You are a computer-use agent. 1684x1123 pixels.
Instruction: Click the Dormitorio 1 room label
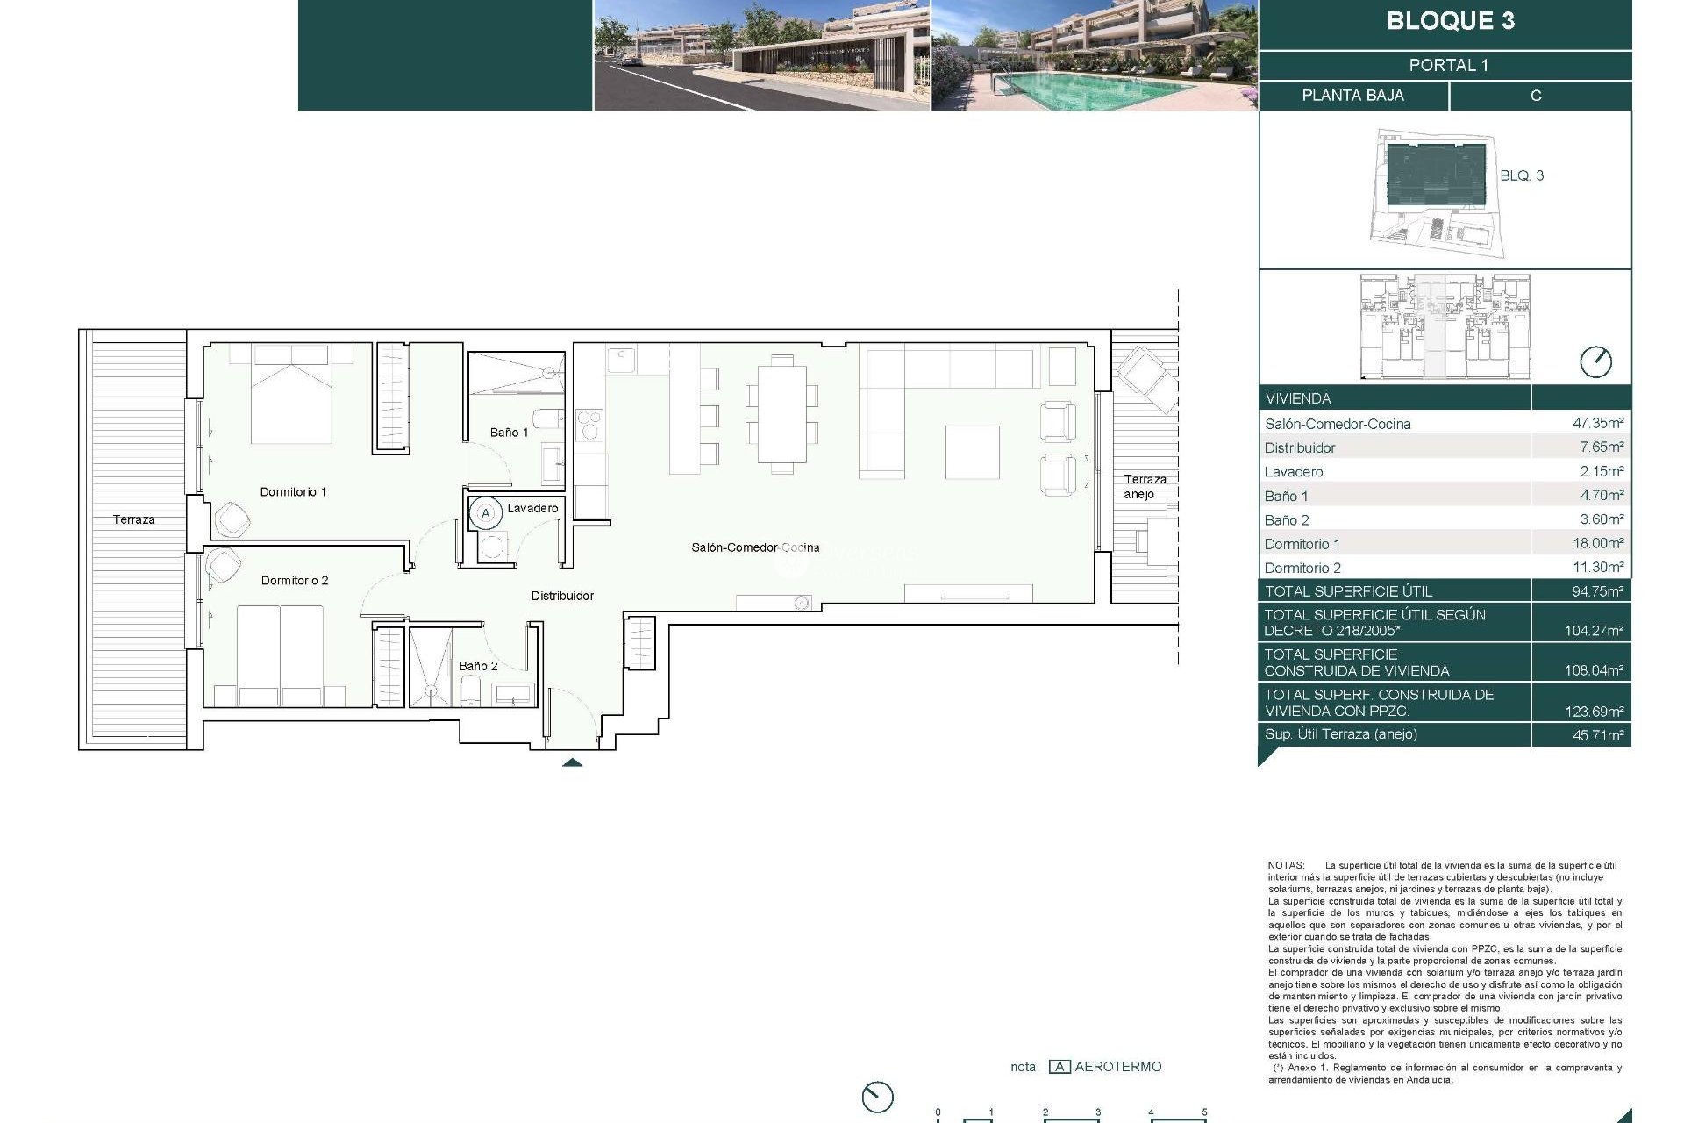pyautogui.click(x=293, y=492)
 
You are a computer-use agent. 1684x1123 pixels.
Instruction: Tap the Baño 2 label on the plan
pyautogui.click(x=478, y=666)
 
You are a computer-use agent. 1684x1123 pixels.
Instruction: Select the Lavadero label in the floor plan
pyautogui.click(x=532, y=508)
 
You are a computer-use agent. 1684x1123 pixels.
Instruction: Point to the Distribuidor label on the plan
pyautogui.click(x=562, y=596)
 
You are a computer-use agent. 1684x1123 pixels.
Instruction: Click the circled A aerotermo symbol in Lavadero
pyautogui.click(x=486, y=513)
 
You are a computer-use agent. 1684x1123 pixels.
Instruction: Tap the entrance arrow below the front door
pyautogui.click(x=572, y=762)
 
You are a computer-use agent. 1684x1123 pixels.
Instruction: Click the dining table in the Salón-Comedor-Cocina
pyautogui.click(x=781, y=413)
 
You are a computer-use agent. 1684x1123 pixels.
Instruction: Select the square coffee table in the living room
pyautogui.click(x=972, y=452)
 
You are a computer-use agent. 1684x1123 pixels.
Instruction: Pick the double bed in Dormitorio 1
pyautogui.click(x=292, y=395)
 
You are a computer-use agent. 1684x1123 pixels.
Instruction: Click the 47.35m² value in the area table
pyautogui.click(x=1597, y=423)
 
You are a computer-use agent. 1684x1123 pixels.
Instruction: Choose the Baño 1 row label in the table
pyautogui.click(x=1286, y=496)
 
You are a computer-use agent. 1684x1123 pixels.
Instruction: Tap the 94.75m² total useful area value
pyautogui.click(x=1597, y=591)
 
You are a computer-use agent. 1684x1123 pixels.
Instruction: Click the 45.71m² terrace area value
pyautogui.click(x=1597, y=735)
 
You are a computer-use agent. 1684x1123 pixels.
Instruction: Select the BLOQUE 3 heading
pyautogui.click(x=1450, y=21)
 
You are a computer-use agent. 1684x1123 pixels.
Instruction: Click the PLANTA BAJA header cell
pyautogui.click(x=1352, y=96)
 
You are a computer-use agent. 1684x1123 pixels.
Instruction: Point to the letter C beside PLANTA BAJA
pyautogui.click(x=1535, y=96)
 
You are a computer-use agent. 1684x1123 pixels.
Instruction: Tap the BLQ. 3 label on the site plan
pyautogui.click(x=1521, y=175)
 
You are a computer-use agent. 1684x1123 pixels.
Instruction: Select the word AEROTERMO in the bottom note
pyautogui.click(x=1117, y=1067)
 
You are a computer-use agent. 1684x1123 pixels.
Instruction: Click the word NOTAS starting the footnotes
pyautogui.click(x=1286, y=865)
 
